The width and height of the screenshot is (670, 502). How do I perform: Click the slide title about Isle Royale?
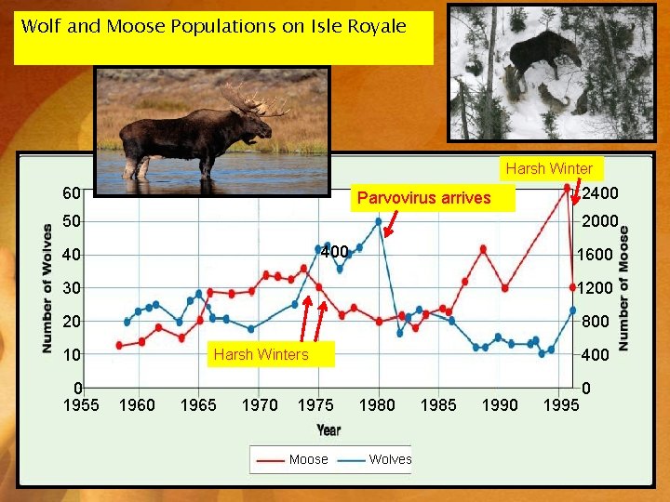click(x=214, y=26)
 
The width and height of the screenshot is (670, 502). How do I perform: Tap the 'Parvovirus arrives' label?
click(x=423, y=197)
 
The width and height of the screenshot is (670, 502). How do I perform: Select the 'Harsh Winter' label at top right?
click(x=549, y=168)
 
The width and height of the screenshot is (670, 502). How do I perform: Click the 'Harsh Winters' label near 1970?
click(x=261, y=354)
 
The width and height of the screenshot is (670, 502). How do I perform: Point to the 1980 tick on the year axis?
click(x=377, y=404)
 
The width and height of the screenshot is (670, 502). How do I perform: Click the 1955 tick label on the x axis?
click(x=80, y=404)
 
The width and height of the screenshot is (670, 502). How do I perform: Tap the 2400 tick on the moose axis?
click(x=600, y=192)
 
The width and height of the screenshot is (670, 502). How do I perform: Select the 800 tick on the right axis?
click(x=595, y=321)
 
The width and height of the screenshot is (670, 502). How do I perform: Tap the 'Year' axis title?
click(x=328, y=429)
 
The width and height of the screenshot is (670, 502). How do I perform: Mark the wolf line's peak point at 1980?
click(x=379, y=221)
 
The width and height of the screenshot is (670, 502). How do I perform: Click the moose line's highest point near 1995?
click(x=567, y=188)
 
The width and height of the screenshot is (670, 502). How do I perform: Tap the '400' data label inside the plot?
click(x=334, y=252)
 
